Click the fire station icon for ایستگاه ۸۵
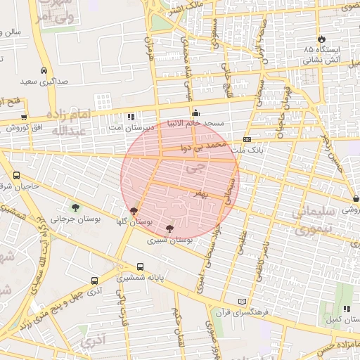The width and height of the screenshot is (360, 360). coord(322,38)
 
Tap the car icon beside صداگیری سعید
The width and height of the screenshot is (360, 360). coord(44,70)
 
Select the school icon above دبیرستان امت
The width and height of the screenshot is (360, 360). coord(130,116)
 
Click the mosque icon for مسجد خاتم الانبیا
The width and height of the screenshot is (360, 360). coord(195,112)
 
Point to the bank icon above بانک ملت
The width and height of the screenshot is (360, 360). coord(247,140)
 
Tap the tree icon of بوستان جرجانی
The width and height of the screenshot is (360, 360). coord(75,207)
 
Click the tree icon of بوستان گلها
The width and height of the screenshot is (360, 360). coord(134,210)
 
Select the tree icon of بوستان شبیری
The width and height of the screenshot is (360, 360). coord(169,228)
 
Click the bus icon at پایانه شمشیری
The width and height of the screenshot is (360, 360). coord(141,266)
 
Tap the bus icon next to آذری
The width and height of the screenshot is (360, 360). coord(94,279)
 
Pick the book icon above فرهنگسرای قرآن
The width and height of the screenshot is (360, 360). coord(243,301)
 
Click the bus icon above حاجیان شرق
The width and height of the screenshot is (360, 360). coord(17,175)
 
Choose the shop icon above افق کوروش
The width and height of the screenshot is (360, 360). coord(24,117)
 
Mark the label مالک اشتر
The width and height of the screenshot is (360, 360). coord(185,8)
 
